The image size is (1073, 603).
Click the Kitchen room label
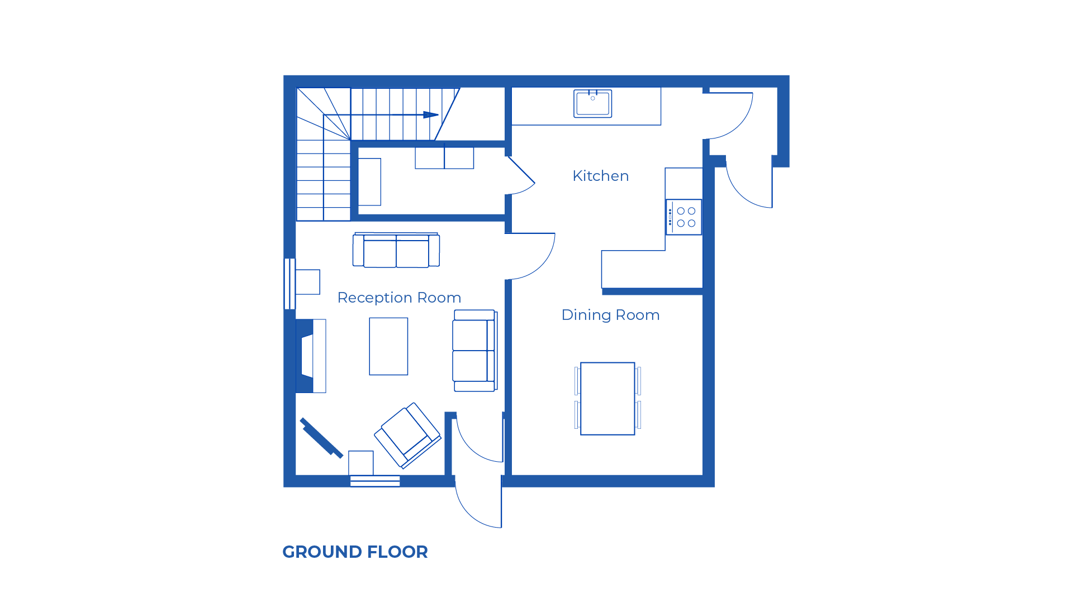[x=600, y=176]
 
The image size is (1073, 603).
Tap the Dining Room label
[x=610, y=315]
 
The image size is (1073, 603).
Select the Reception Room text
[x=399, y=298]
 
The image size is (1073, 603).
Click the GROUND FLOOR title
[x=355, y=552]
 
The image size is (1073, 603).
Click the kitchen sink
[x=592, y=103]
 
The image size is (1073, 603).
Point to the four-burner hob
[x=684, y=217]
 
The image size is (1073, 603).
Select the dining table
[x=607, y=398]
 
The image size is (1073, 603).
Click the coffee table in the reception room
[x=388, y=346]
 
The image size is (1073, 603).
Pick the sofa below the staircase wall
[x=396, y=250]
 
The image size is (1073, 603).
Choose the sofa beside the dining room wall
[x=474, y=351]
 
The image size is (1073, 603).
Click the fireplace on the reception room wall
[x=311, y=356]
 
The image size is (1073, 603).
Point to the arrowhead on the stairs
[x=430, y=114]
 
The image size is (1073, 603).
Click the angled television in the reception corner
[x=321, y=438]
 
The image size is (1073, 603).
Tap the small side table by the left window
[x=307, y=282]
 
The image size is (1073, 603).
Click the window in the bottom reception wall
[x=375, y=481]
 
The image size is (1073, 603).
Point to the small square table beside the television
[x=360, y=463]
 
